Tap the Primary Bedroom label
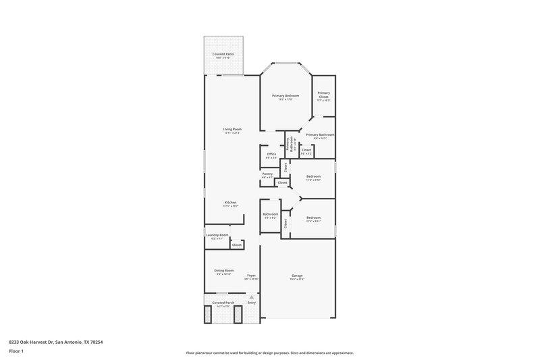click(286, 96)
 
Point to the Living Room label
click(232, 129)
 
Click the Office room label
click(271, 154)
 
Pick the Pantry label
click(267, 174)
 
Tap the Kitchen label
click(231, 203)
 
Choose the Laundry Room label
click(219, 235)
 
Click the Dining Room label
click(224, 270)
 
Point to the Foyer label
click(251, 276)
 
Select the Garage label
click(297, 276)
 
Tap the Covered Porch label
click(223, 303)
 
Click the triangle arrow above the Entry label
click(251, 296)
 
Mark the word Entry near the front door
click(251, 303)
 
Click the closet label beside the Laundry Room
click(237, 245)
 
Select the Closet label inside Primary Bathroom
click(306, 150)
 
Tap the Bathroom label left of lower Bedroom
click(271, 214)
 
